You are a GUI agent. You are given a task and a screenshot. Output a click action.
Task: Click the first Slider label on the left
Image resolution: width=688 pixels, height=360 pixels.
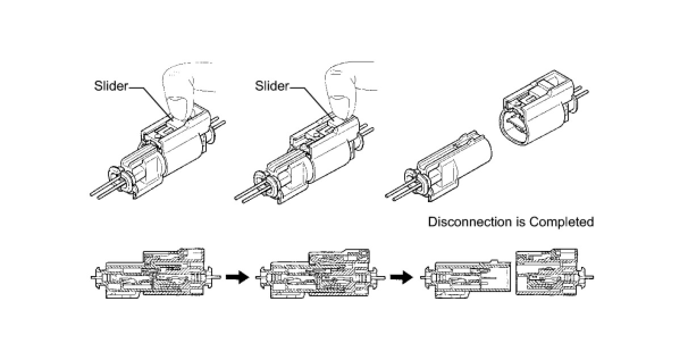pos(111,86)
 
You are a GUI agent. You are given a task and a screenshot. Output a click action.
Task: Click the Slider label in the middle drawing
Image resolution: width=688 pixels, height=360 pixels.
pos(272,86)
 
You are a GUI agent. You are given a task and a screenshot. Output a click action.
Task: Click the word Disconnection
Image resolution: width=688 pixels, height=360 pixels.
pos(462,221)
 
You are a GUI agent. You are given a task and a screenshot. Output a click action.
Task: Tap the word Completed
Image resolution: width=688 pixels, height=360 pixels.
pos(561,221)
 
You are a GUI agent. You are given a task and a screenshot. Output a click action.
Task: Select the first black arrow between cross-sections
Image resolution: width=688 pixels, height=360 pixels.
pos(237,277)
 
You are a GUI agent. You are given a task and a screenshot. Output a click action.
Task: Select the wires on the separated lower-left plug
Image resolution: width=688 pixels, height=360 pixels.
pos(401,190)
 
